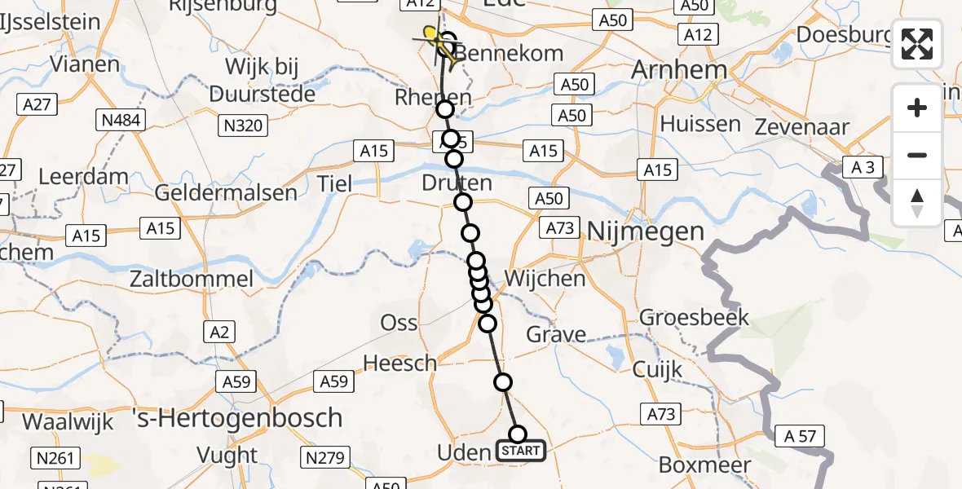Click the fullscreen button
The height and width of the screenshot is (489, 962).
(x=917, y=44)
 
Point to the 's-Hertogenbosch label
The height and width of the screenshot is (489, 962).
(x=237, y=418)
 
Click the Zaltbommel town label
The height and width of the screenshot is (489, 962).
(x=192, y=279)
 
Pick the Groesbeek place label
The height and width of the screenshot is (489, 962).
(x=694, y=316)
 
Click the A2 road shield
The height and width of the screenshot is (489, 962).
(x=222, y=332)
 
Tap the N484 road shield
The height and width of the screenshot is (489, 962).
(x=119, y=121)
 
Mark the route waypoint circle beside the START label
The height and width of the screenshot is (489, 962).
(x=517, y=434)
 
